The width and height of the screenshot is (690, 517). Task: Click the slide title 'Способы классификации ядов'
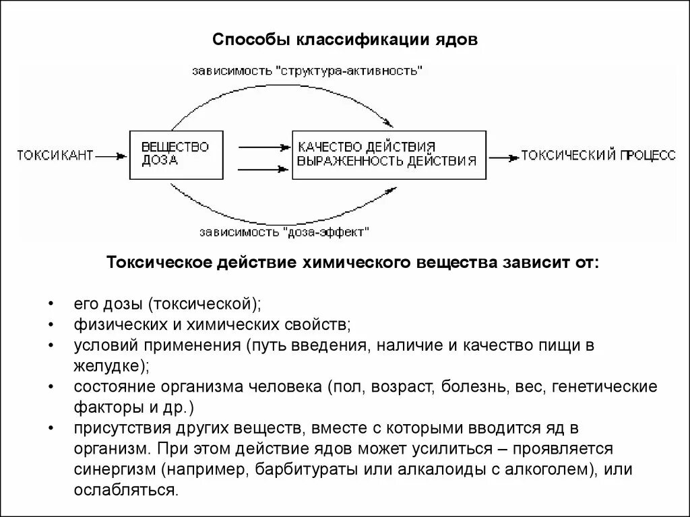pos(345,40)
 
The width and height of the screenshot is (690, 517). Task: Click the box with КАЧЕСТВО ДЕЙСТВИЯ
pos(388,155)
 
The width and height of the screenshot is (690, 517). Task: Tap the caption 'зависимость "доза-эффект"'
pos(284,232)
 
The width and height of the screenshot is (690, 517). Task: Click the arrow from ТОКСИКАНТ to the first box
pos(111,156)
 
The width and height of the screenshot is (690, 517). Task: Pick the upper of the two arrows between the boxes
pos(262,145)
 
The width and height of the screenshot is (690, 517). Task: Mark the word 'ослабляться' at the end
pos(125,489)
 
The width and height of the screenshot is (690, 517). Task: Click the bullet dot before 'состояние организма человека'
pos(51,388)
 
